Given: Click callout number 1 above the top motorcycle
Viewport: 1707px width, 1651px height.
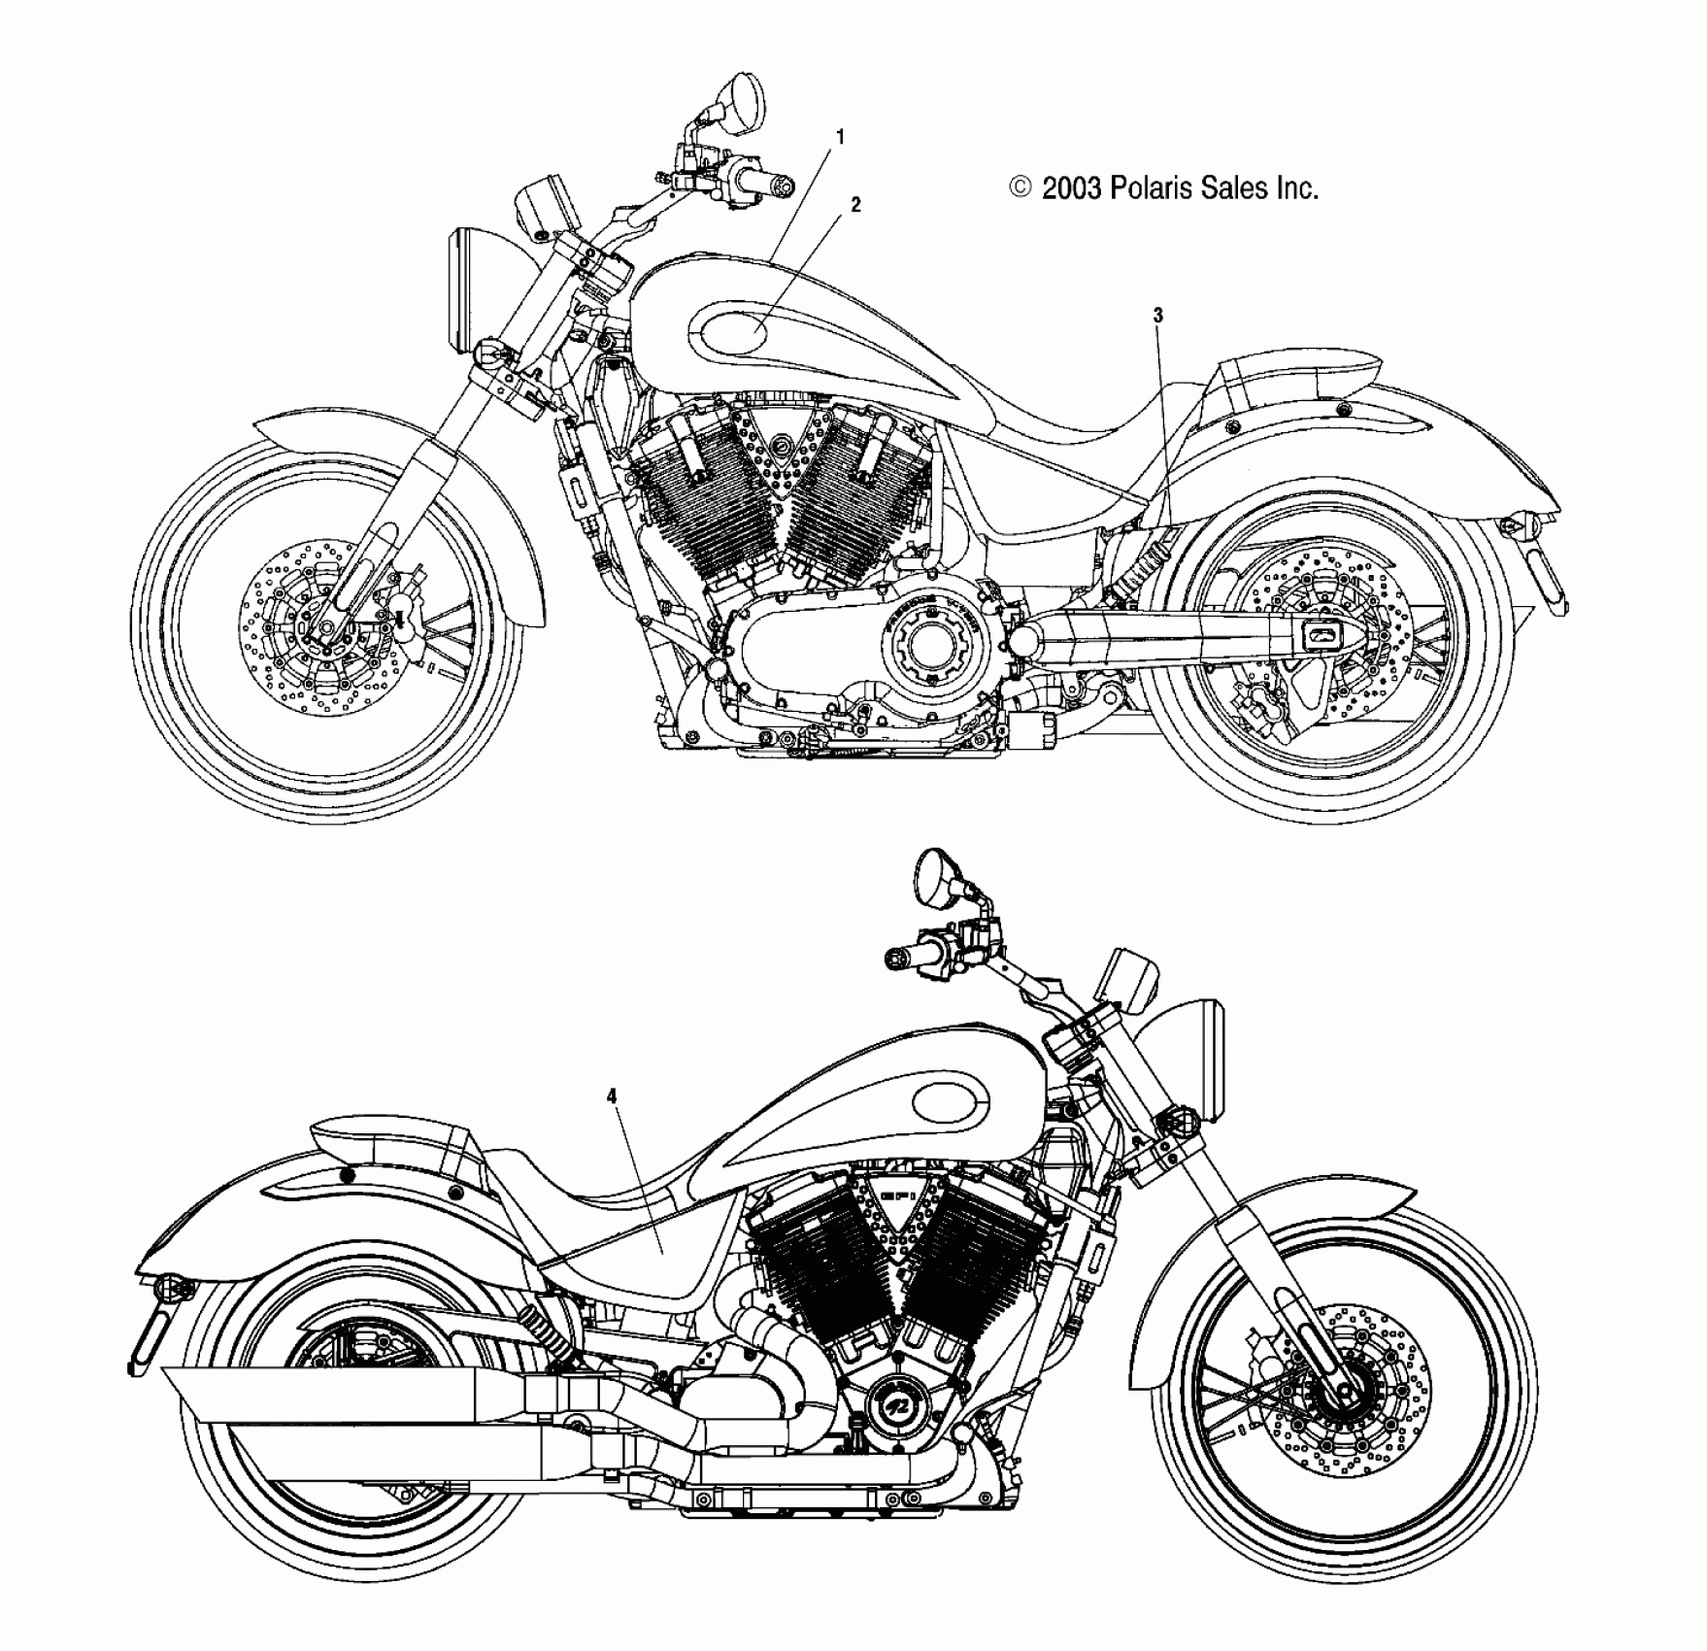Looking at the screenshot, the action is (x=840, y=138).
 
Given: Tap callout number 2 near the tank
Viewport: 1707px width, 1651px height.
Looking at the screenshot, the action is (x=855, y=205).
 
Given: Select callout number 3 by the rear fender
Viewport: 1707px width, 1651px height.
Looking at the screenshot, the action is (x=1157, y=315).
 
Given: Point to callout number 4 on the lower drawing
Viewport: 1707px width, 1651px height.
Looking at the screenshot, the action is (x=612, y=1096).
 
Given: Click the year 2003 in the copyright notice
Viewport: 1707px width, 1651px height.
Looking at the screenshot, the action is (x=1071, y=188).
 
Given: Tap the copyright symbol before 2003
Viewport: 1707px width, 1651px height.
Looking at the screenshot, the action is (x=1021, y=187).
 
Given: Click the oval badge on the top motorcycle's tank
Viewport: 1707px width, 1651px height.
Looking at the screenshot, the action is (x=730, y=333).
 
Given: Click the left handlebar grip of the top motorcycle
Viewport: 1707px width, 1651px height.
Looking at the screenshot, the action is (x=764, y=185).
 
